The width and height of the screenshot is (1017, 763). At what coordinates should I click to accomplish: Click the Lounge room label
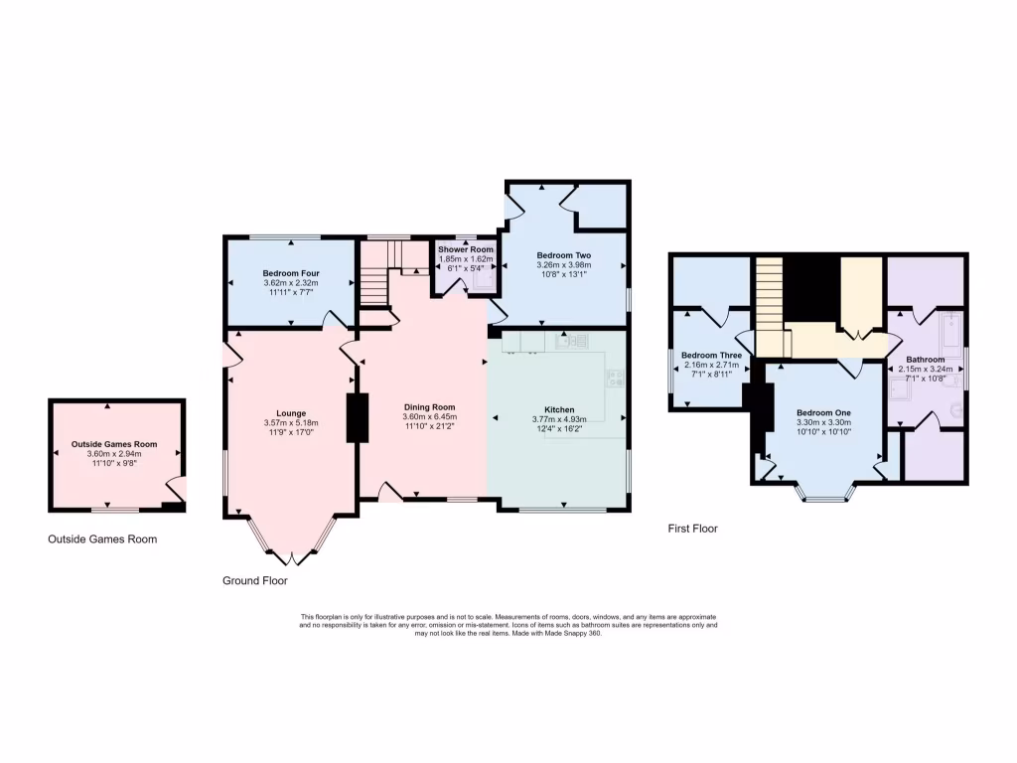click(290, 413)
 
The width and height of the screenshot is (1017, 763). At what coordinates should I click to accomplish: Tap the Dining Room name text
click(429, 407)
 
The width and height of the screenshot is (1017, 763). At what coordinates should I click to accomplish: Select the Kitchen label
click(559, 409)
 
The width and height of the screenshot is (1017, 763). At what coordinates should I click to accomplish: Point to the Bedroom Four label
click(288, 273)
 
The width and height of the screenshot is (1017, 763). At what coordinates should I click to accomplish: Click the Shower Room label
click(465, 249)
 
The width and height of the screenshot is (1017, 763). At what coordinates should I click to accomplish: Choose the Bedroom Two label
click(563, 254)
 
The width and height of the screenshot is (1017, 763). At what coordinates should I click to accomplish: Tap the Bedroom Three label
click(711, 356)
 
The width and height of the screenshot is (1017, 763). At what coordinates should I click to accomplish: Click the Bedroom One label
click(823, 411)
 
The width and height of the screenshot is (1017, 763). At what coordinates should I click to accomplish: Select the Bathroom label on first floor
click(925, 359)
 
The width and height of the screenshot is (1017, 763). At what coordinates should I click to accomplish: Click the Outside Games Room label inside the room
click(114, 444)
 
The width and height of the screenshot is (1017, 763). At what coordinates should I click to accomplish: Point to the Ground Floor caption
click(254, 580)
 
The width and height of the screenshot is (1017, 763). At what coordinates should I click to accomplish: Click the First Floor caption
click(692, 529)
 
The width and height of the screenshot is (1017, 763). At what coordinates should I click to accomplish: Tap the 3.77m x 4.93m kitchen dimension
click(559, 419)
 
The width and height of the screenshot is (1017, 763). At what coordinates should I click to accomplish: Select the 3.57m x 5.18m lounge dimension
click(290, 423)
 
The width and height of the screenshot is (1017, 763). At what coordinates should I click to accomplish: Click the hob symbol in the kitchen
click(615, 377)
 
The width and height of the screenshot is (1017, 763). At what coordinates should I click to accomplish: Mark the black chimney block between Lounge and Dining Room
click(357, 417)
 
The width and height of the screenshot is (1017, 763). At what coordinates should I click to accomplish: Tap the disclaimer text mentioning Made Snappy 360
click(508, 625)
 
